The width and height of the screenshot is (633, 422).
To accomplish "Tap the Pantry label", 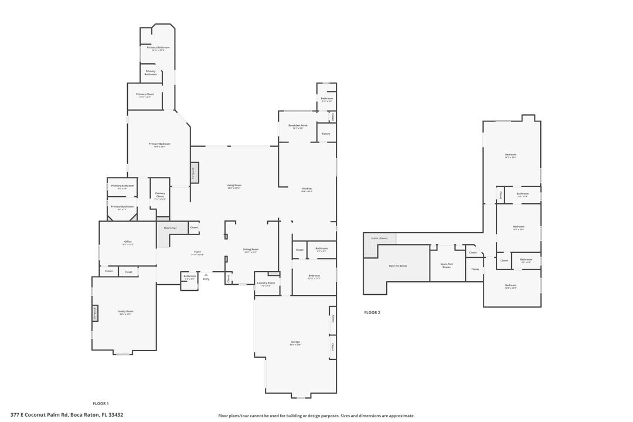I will point(326,134).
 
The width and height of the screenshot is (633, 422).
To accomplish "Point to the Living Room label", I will point(234,186).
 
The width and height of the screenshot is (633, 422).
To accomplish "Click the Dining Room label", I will point(251,250).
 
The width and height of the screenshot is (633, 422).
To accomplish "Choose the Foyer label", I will point(198,253).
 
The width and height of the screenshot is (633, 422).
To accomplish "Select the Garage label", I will point(295,342).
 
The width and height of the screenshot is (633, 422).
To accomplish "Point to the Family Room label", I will point(125,312).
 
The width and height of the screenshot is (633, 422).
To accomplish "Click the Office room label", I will point(128,242).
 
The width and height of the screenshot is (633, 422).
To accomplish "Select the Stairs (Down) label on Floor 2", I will point(379,239).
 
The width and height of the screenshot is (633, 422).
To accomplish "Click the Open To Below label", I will point(397,266).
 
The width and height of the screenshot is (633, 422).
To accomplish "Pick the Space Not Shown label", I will point(447,265).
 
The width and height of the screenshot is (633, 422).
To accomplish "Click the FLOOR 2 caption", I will point(372,313).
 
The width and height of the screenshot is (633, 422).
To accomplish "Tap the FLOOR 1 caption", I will point(101,403).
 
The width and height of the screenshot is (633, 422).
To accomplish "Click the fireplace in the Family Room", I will point(94,314).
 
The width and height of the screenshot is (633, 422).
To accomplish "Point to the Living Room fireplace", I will point(193,173).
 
